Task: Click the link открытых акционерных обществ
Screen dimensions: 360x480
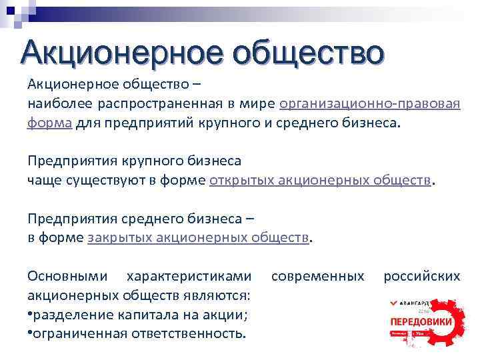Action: pos(321,180)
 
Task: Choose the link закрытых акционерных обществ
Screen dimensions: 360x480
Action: pos(199,237)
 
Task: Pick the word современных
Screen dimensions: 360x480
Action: pos(319,276)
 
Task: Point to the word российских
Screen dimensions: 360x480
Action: pos(421,276)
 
